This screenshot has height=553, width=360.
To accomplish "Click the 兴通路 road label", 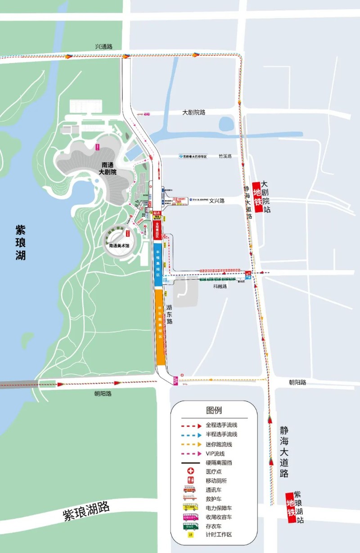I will (x=103, y=46).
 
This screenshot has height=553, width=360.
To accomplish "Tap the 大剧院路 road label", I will (x=194, y=112).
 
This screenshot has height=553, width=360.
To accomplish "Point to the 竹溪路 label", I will (x=225, y=156).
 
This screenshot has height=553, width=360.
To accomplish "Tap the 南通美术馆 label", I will (x=119, y=246).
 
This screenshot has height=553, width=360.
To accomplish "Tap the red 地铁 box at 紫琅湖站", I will (x=291, y=508).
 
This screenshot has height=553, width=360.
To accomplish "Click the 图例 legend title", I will (x=214, y=410).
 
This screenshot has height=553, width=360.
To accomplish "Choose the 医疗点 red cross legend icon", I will (x=190, y=471).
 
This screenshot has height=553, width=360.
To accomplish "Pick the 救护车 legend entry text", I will (x=214, y=499).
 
